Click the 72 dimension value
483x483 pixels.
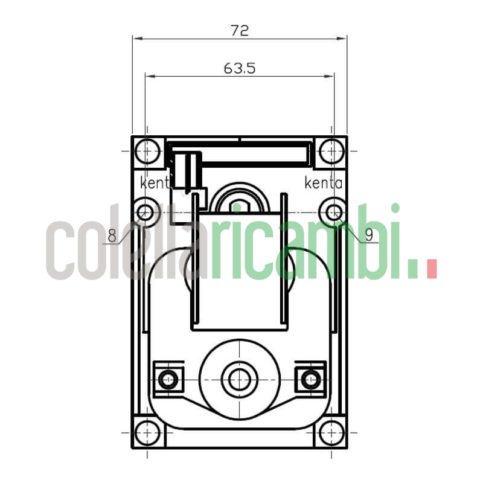click(240, 30)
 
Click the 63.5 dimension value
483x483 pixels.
click(240, 68)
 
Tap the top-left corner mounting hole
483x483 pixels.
click(147, 151)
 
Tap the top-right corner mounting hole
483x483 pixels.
click(331, 151)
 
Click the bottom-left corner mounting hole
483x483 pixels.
click(147, 433)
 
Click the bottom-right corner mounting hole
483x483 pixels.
click(331, 433)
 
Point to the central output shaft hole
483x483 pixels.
click(240, 379)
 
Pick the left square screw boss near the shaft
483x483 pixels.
click(168, 379)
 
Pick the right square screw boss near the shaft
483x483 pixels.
click(310, 379)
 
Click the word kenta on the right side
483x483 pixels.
click(324, 182)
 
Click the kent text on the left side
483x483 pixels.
click(155, 182)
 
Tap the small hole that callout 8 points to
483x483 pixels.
click(146, 213)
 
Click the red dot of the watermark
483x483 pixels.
click(431, 269)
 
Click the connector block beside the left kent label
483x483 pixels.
click(187, 171)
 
